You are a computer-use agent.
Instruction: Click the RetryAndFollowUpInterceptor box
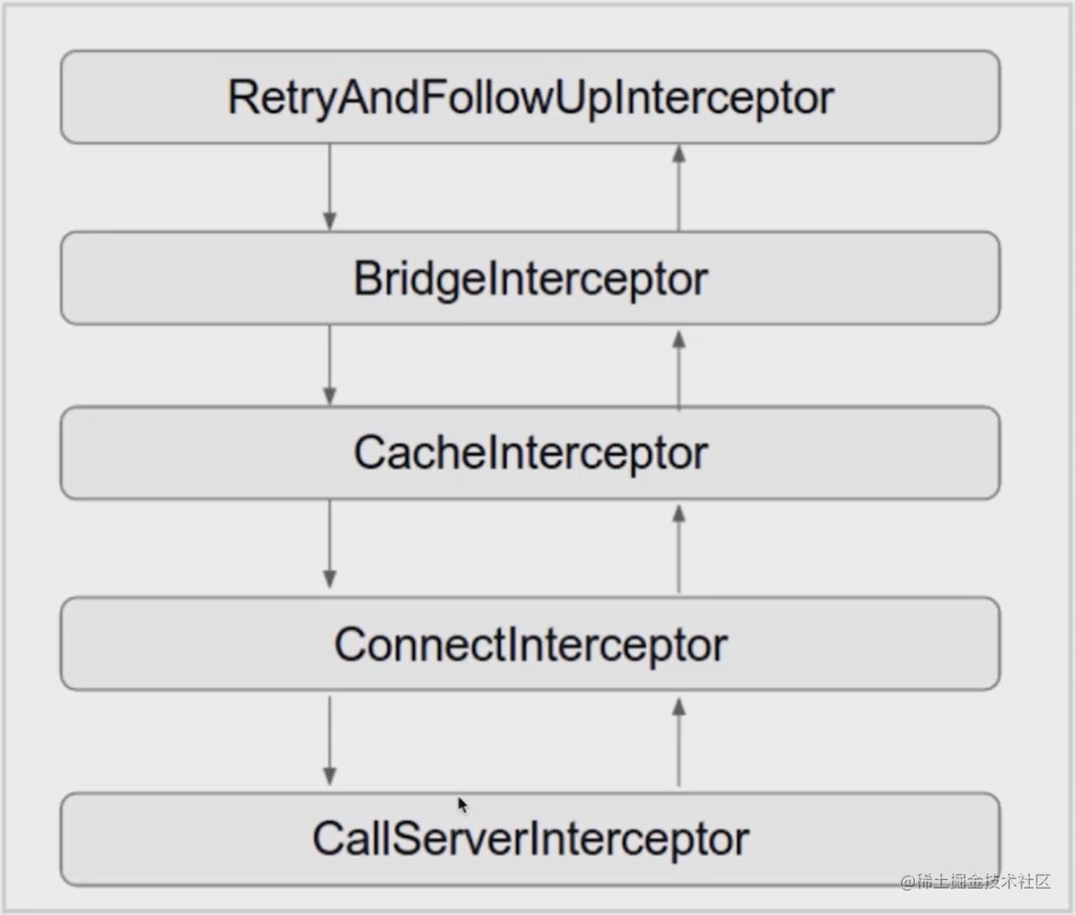(530, 97)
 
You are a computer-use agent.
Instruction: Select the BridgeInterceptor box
(530, 279)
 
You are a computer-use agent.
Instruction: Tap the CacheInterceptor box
(530, 453)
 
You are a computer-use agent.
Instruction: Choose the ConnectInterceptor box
(530, 644)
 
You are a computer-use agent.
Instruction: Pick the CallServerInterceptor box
(530, 839)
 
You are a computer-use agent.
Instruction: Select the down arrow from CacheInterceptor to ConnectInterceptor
(329, 546)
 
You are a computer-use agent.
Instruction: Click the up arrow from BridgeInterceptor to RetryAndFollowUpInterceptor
(679, 188)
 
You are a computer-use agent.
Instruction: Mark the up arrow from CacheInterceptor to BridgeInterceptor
(679, 369)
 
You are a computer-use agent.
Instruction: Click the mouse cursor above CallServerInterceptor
(462, 805)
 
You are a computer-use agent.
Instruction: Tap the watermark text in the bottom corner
(974, 882)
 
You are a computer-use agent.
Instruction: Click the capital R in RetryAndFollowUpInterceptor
(241, 98)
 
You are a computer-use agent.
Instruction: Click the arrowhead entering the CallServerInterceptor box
(329, 777)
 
